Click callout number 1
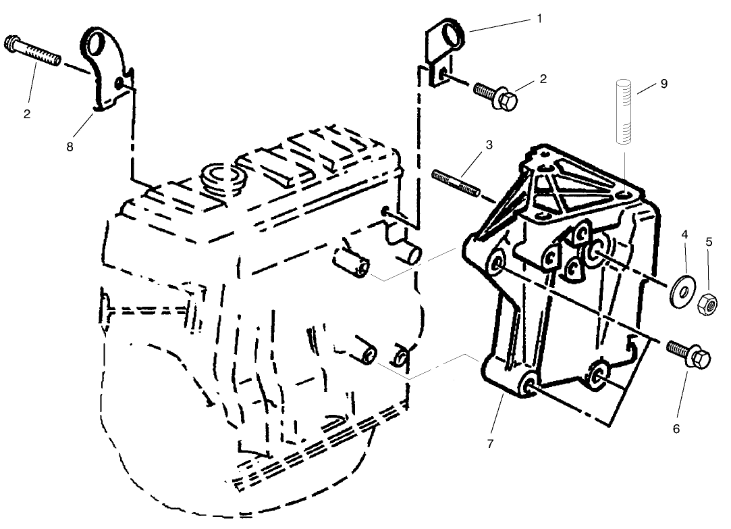539,18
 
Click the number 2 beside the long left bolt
28,114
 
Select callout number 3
488,145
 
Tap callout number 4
684,234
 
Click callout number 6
676,428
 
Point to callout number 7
491,444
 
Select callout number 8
69,146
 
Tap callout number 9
663,84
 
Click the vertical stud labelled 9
624,111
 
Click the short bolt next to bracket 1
496,95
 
